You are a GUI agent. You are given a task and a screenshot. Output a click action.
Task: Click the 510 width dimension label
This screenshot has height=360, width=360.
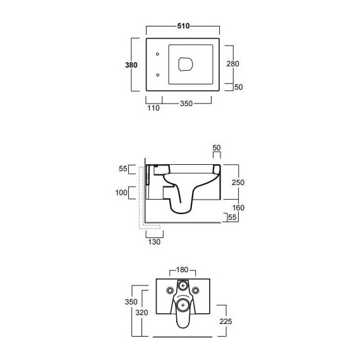click(183, 26)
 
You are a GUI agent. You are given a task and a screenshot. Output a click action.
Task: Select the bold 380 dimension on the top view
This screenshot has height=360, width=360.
click(131, 65)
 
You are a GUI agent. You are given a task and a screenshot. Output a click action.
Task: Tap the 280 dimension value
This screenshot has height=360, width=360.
click(232, 64)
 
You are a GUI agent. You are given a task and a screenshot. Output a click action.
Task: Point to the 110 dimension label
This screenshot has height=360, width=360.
click(153, 107)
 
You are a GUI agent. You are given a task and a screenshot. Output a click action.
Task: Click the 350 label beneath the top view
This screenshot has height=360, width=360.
click(186, 104)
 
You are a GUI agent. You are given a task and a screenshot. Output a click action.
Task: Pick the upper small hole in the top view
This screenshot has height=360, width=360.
click(157, 54)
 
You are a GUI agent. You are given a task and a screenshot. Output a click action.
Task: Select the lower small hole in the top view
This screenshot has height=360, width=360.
click(158, 75)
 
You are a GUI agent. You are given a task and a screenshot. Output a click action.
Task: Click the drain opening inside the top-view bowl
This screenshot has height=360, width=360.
click(185, 64)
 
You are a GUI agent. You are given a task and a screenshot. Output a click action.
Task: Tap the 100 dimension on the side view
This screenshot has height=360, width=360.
click(121, 193)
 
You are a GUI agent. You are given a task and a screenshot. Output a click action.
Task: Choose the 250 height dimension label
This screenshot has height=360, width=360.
click(238, 183)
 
